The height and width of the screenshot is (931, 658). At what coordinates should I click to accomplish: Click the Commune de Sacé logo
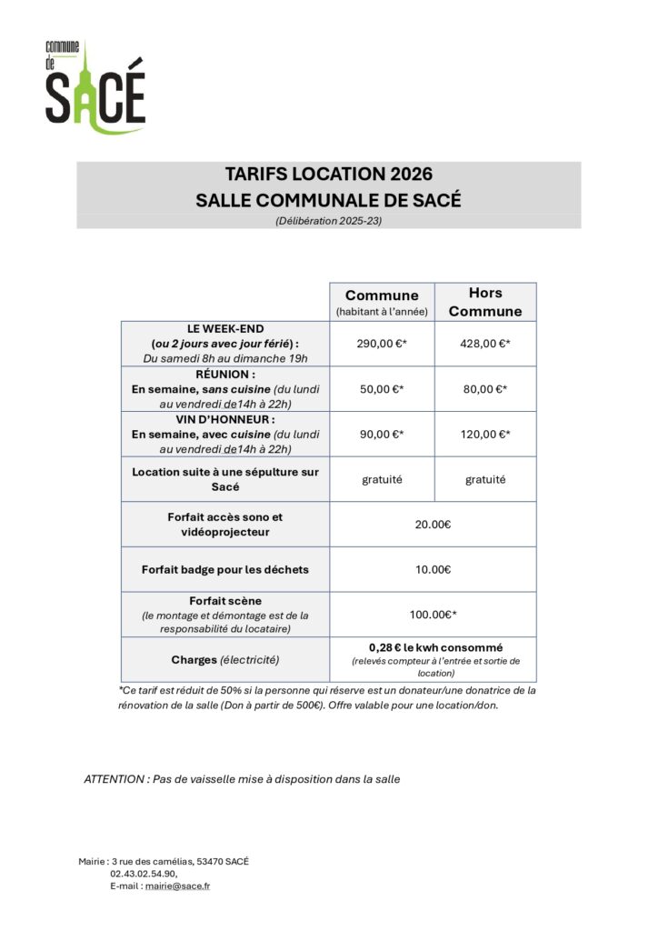(95, 87)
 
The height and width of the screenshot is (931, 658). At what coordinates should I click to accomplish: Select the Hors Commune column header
(485, 302)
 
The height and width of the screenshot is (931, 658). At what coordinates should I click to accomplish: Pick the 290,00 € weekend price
(382, 344)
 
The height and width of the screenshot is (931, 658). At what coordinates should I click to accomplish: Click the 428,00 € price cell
(485, 344)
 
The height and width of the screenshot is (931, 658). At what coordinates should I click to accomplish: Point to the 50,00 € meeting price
(382, 389)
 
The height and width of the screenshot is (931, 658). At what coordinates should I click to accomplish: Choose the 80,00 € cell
(485, 389)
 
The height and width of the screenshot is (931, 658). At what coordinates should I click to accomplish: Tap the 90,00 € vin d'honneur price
(382, 435)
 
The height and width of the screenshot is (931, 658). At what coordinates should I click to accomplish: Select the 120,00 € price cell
(485, 435)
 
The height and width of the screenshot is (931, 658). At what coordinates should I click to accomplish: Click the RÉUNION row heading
(224, 374)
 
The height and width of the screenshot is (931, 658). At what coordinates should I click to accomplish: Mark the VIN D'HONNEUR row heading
(224, 419)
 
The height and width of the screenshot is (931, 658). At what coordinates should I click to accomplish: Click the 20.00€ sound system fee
(433, 525)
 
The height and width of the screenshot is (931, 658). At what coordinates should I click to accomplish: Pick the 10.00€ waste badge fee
(433, 570)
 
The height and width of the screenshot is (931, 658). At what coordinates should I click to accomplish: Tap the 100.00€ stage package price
(433, 616)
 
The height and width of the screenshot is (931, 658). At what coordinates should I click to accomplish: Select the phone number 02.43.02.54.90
(144, 873)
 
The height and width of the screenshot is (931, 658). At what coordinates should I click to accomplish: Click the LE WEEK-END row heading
(224, 328)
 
